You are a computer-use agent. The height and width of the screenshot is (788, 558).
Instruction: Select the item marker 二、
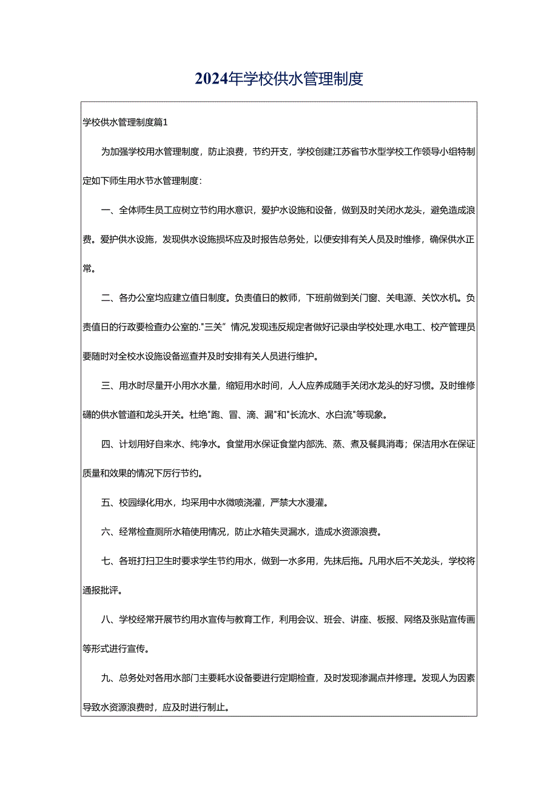pyautogui.click(x=107, y=298)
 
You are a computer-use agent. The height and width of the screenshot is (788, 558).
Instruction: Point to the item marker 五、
pyautogui.click(x=107, y=502)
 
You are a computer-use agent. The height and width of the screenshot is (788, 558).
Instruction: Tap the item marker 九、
pyautogui.click(x=107, y=678)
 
